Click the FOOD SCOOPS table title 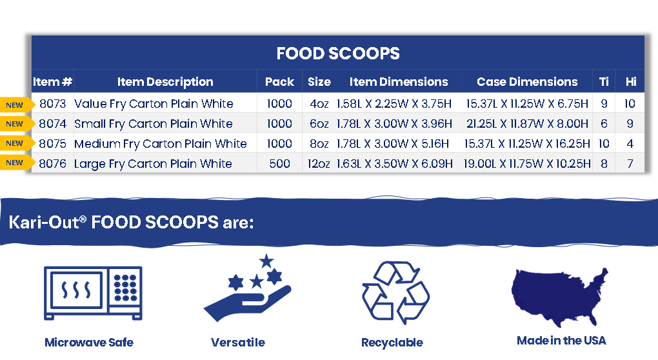(x=338, y=54)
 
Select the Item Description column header (x=165, y=82)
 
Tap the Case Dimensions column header (x=527, y=81)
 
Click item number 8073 (x=52, y=104)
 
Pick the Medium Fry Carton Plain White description (x=160, y=144)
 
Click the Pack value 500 (x=279, y=163)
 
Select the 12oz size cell (x=319, y=163)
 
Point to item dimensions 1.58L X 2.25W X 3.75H (x=394, y=104)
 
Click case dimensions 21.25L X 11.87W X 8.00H (x=527, y=124)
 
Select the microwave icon (x=93, y=293)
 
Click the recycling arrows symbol (x=395, y=293)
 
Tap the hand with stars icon (x=248, y=288)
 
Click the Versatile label (x=238, y=343)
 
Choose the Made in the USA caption (x=561, y=340)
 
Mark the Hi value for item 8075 (x=630, y=143)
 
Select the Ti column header (x=604, y=81)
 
